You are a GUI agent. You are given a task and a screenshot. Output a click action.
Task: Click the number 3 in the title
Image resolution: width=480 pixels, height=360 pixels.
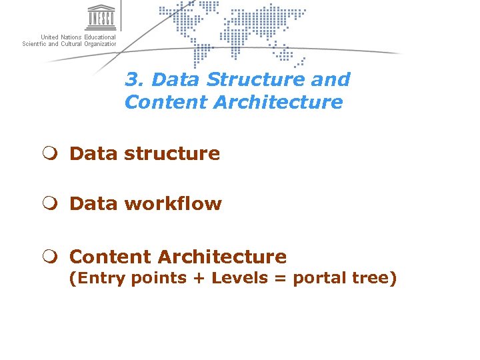click(132, 79)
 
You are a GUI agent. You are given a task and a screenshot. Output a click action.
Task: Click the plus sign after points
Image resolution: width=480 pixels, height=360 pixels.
click(199, 279)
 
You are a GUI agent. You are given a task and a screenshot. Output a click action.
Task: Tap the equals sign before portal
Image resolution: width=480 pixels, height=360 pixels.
click(280, 279)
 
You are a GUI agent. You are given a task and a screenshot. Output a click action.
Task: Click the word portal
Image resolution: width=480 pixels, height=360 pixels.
click(319, 279)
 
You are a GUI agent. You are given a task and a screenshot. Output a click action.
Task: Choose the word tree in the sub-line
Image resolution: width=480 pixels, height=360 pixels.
click(374, 278)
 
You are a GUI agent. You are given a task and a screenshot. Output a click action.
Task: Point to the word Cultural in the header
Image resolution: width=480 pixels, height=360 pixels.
click(69, 44)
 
